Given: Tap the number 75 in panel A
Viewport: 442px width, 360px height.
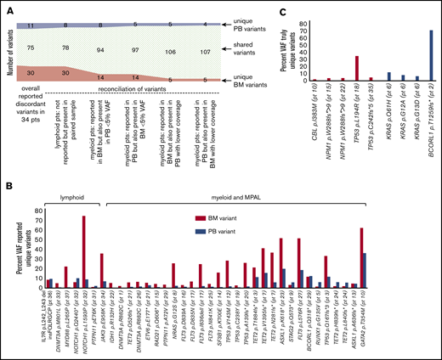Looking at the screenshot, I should click(31, 48).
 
